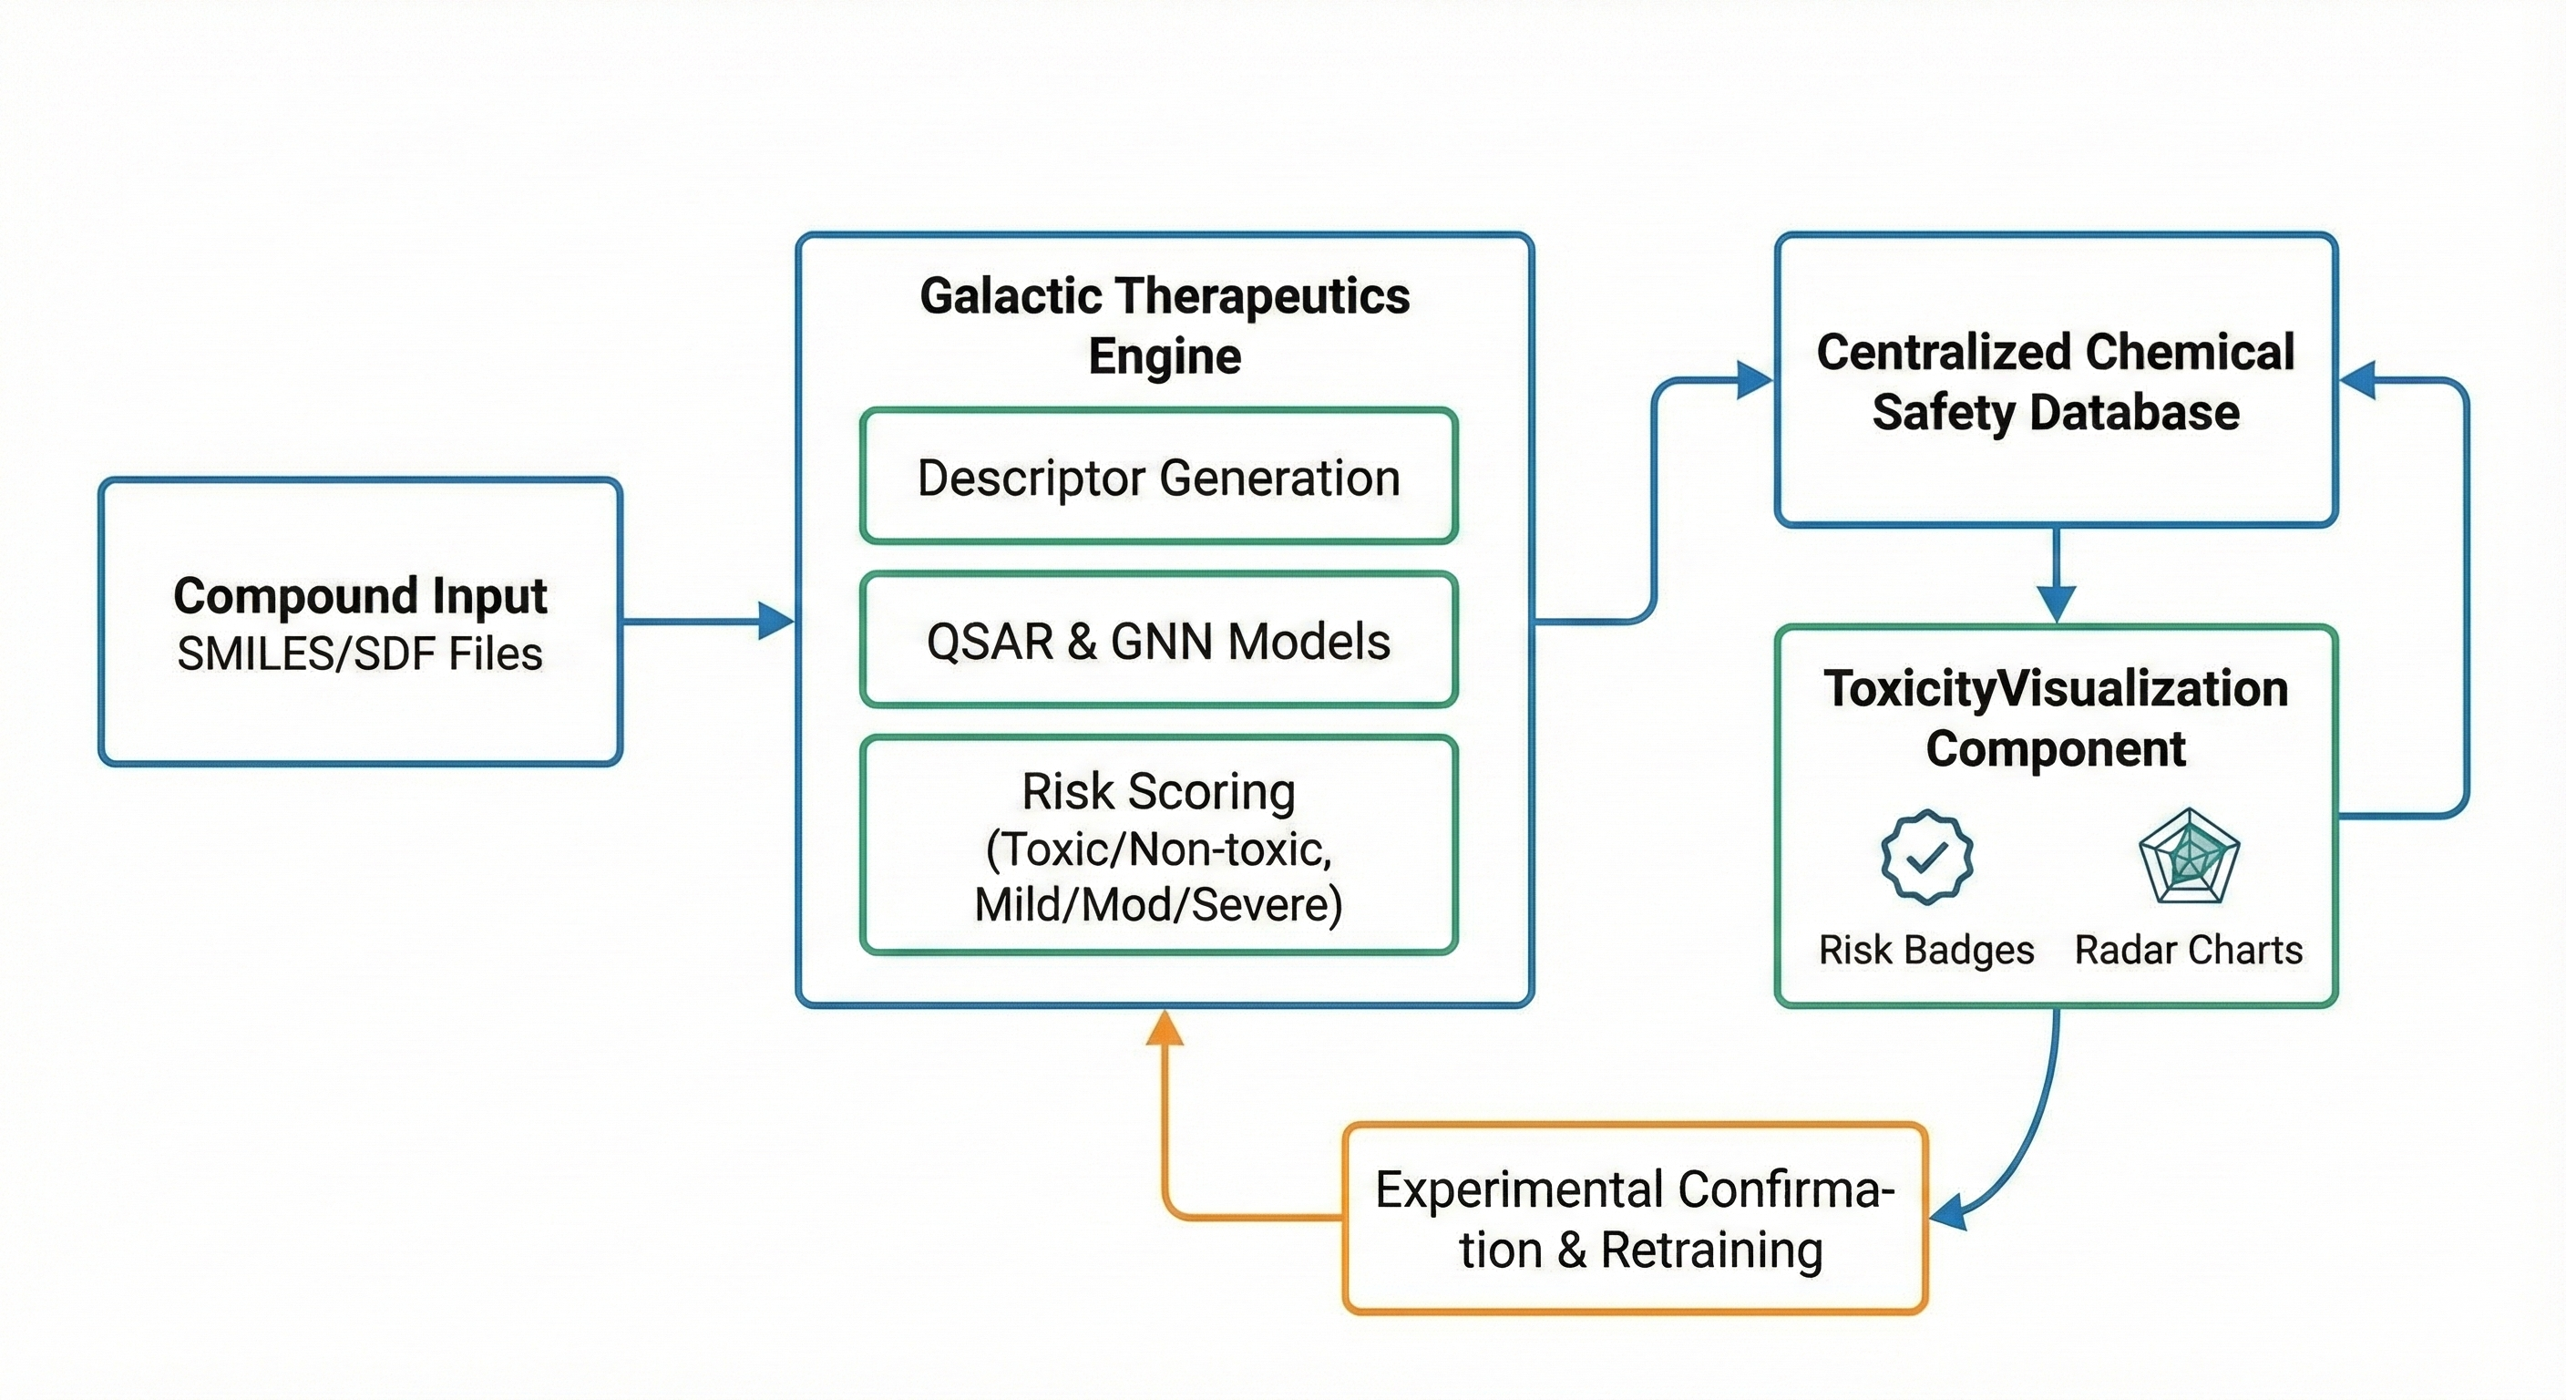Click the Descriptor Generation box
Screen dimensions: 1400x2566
coord(1158,477)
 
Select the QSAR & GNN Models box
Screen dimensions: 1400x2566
coord(1158,640)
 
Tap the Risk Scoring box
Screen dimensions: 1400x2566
coord(1158,845)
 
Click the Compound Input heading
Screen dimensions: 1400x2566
coord(360,596)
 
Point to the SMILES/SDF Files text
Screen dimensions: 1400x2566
coord(360,654)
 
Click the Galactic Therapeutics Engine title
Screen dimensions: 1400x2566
coord(1165,324)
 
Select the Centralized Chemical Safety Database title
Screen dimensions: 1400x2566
coord(2055,382)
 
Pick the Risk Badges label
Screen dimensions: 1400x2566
coord(1926,950)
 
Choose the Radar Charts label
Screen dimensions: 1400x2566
coord(2189,950)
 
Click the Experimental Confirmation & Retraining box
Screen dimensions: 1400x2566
coord(1635,1219)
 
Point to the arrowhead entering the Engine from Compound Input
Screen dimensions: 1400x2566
coord(776,621)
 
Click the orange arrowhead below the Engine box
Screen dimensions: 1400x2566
coord(1165,1027)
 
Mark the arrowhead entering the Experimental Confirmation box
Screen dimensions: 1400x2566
coord(1948,1215)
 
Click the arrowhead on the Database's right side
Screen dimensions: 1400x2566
coord(2358,380)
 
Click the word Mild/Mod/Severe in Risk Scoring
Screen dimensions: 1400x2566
coord(1158,905)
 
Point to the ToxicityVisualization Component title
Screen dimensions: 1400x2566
coord(2055,718)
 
